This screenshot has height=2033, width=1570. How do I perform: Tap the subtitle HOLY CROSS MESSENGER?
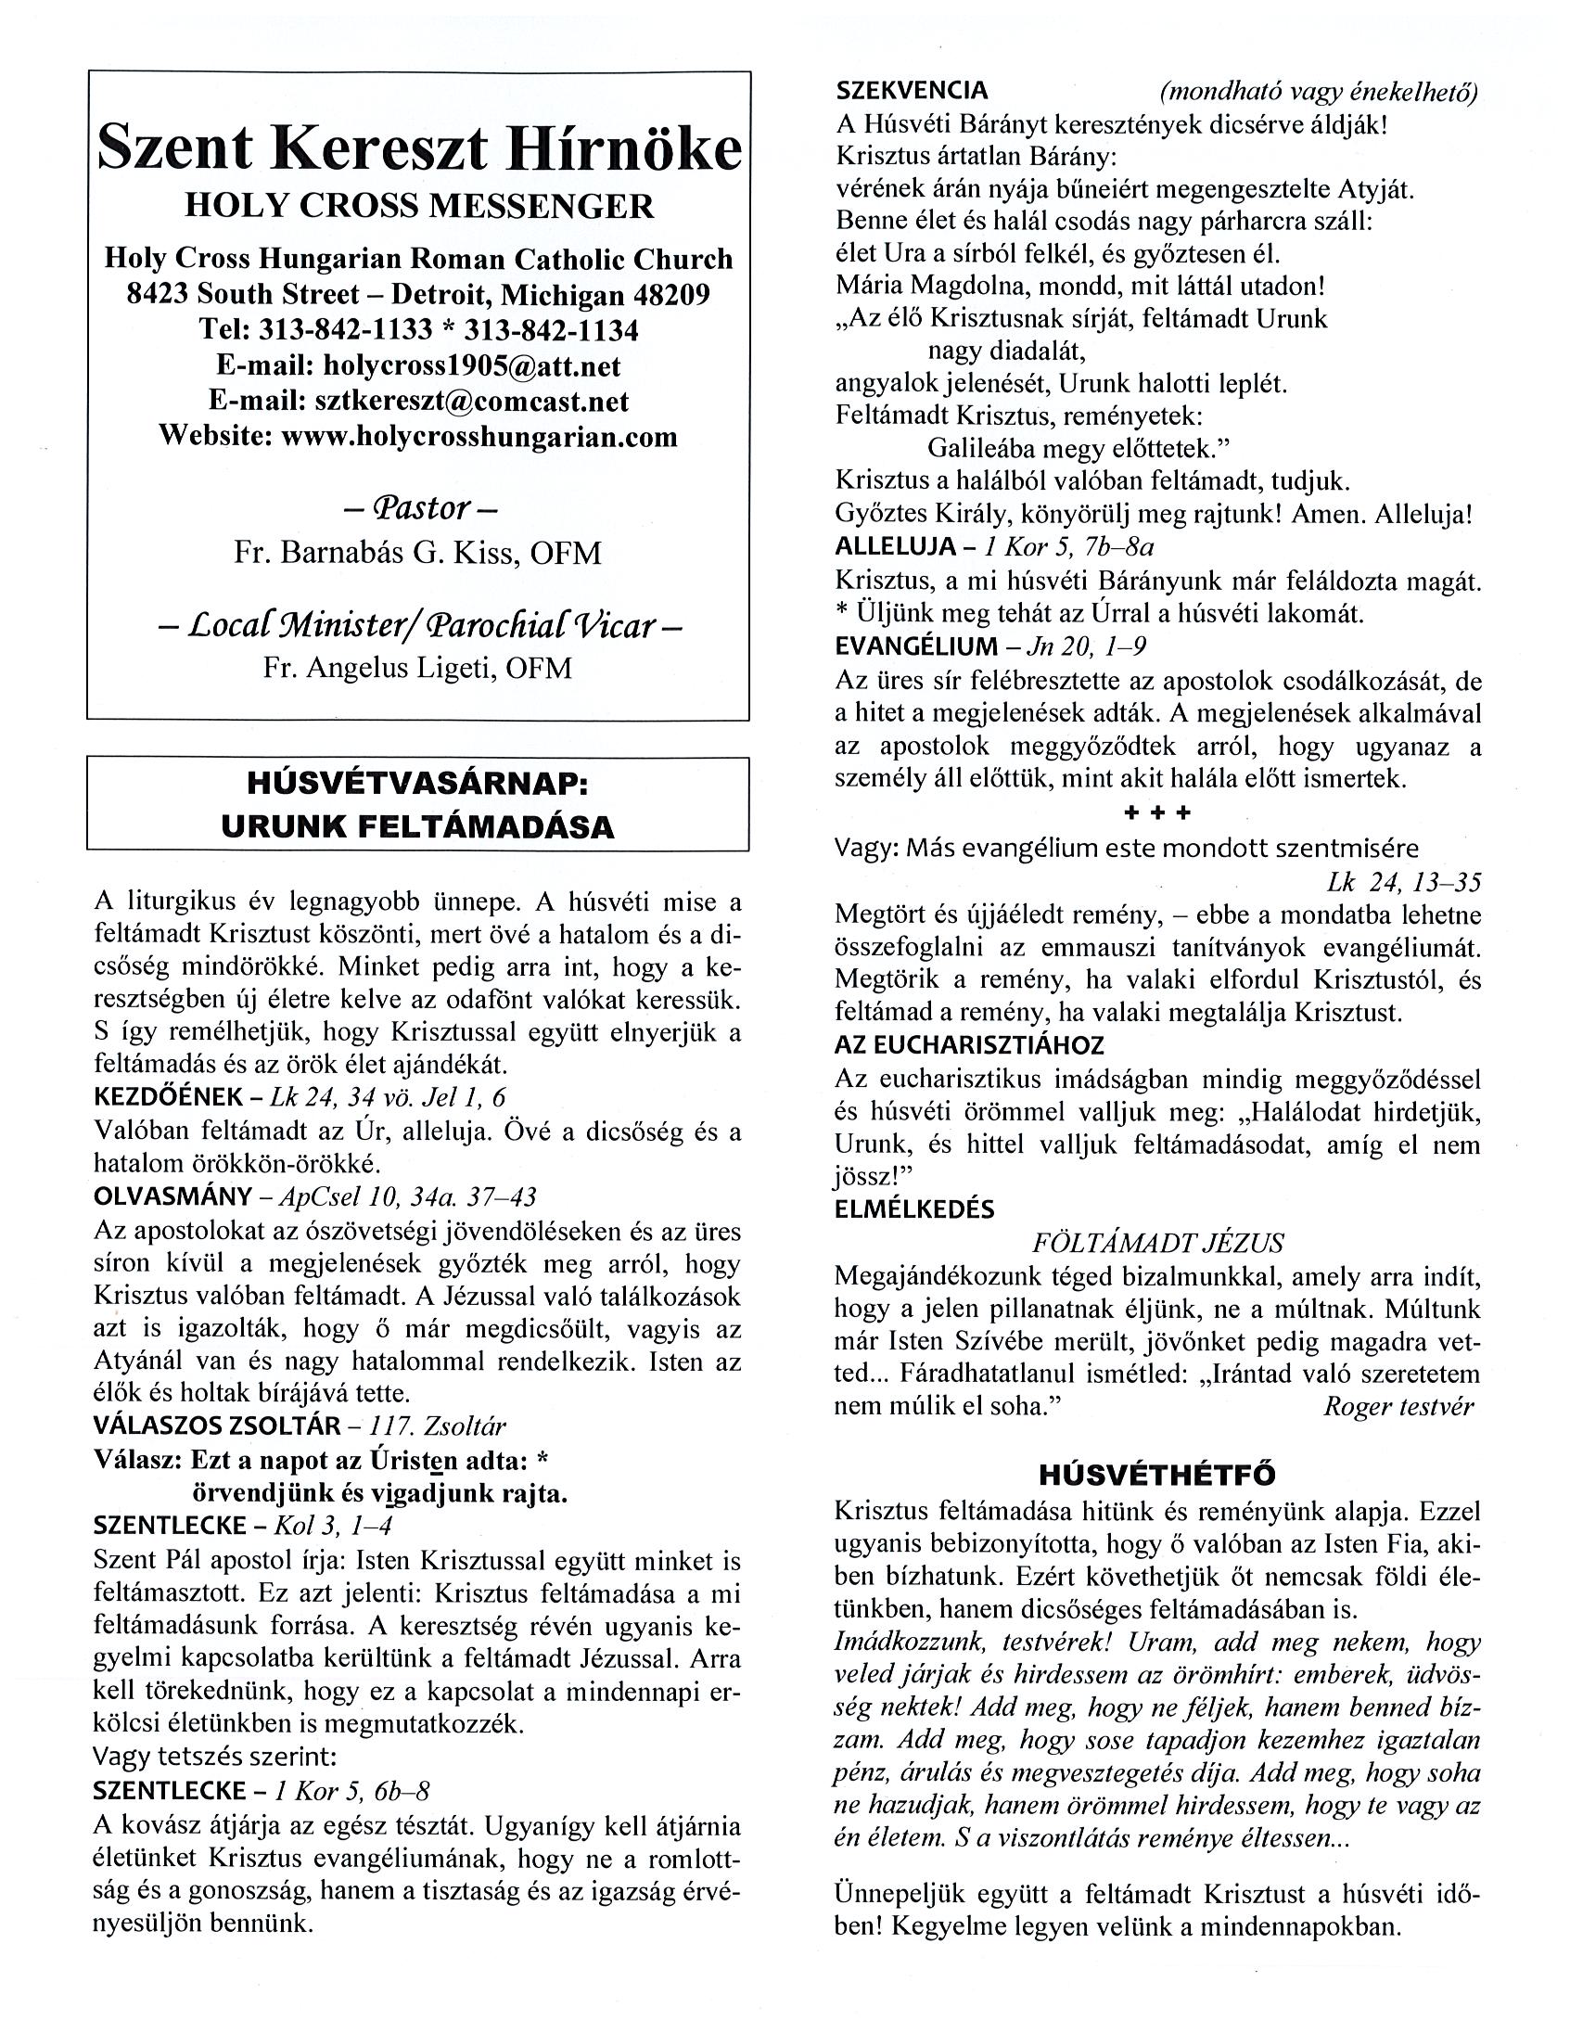click(419, 206)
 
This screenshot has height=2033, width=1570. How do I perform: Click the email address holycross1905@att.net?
click(471, 365)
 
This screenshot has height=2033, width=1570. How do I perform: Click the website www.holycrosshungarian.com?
click(479, 437)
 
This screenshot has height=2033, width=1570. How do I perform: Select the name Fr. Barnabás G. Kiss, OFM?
click(418, 554)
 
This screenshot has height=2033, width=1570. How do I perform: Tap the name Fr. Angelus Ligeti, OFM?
click(418, 669)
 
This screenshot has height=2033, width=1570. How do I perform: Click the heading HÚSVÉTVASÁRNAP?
click(418, 784)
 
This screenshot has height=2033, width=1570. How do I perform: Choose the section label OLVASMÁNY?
click(173, 1197)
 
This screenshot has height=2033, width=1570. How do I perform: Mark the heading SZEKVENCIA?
click(912, 90)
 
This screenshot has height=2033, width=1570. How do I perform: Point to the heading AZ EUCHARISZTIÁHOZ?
click(969, 1045)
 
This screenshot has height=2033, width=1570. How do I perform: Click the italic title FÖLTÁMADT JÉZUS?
click(1157, 1244)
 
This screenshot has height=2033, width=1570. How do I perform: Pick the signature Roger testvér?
click(1398, 1406)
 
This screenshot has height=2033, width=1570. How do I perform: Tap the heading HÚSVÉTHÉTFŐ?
click(1156, 1475)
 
